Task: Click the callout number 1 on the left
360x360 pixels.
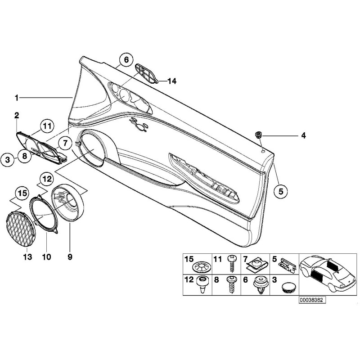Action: click(17, 97)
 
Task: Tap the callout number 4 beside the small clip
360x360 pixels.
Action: click(303, 135)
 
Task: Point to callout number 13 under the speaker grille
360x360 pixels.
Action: click(28, 257)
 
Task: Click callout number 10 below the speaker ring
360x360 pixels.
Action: click(46, 257)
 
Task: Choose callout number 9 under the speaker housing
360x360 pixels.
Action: click(70, 257)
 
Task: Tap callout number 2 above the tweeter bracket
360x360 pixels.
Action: click(17, 116)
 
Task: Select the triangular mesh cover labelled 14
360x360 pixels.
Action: click(146, 73)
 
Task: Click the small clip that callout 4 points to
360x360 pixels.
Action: click(259, 134)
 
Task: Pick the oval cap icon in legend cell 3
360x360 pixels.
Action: click(287, 287)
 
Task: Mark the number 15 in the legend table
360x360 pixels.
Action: click(189, 259)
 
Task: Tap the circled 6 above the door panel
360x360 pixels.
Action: click(126, 59)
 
